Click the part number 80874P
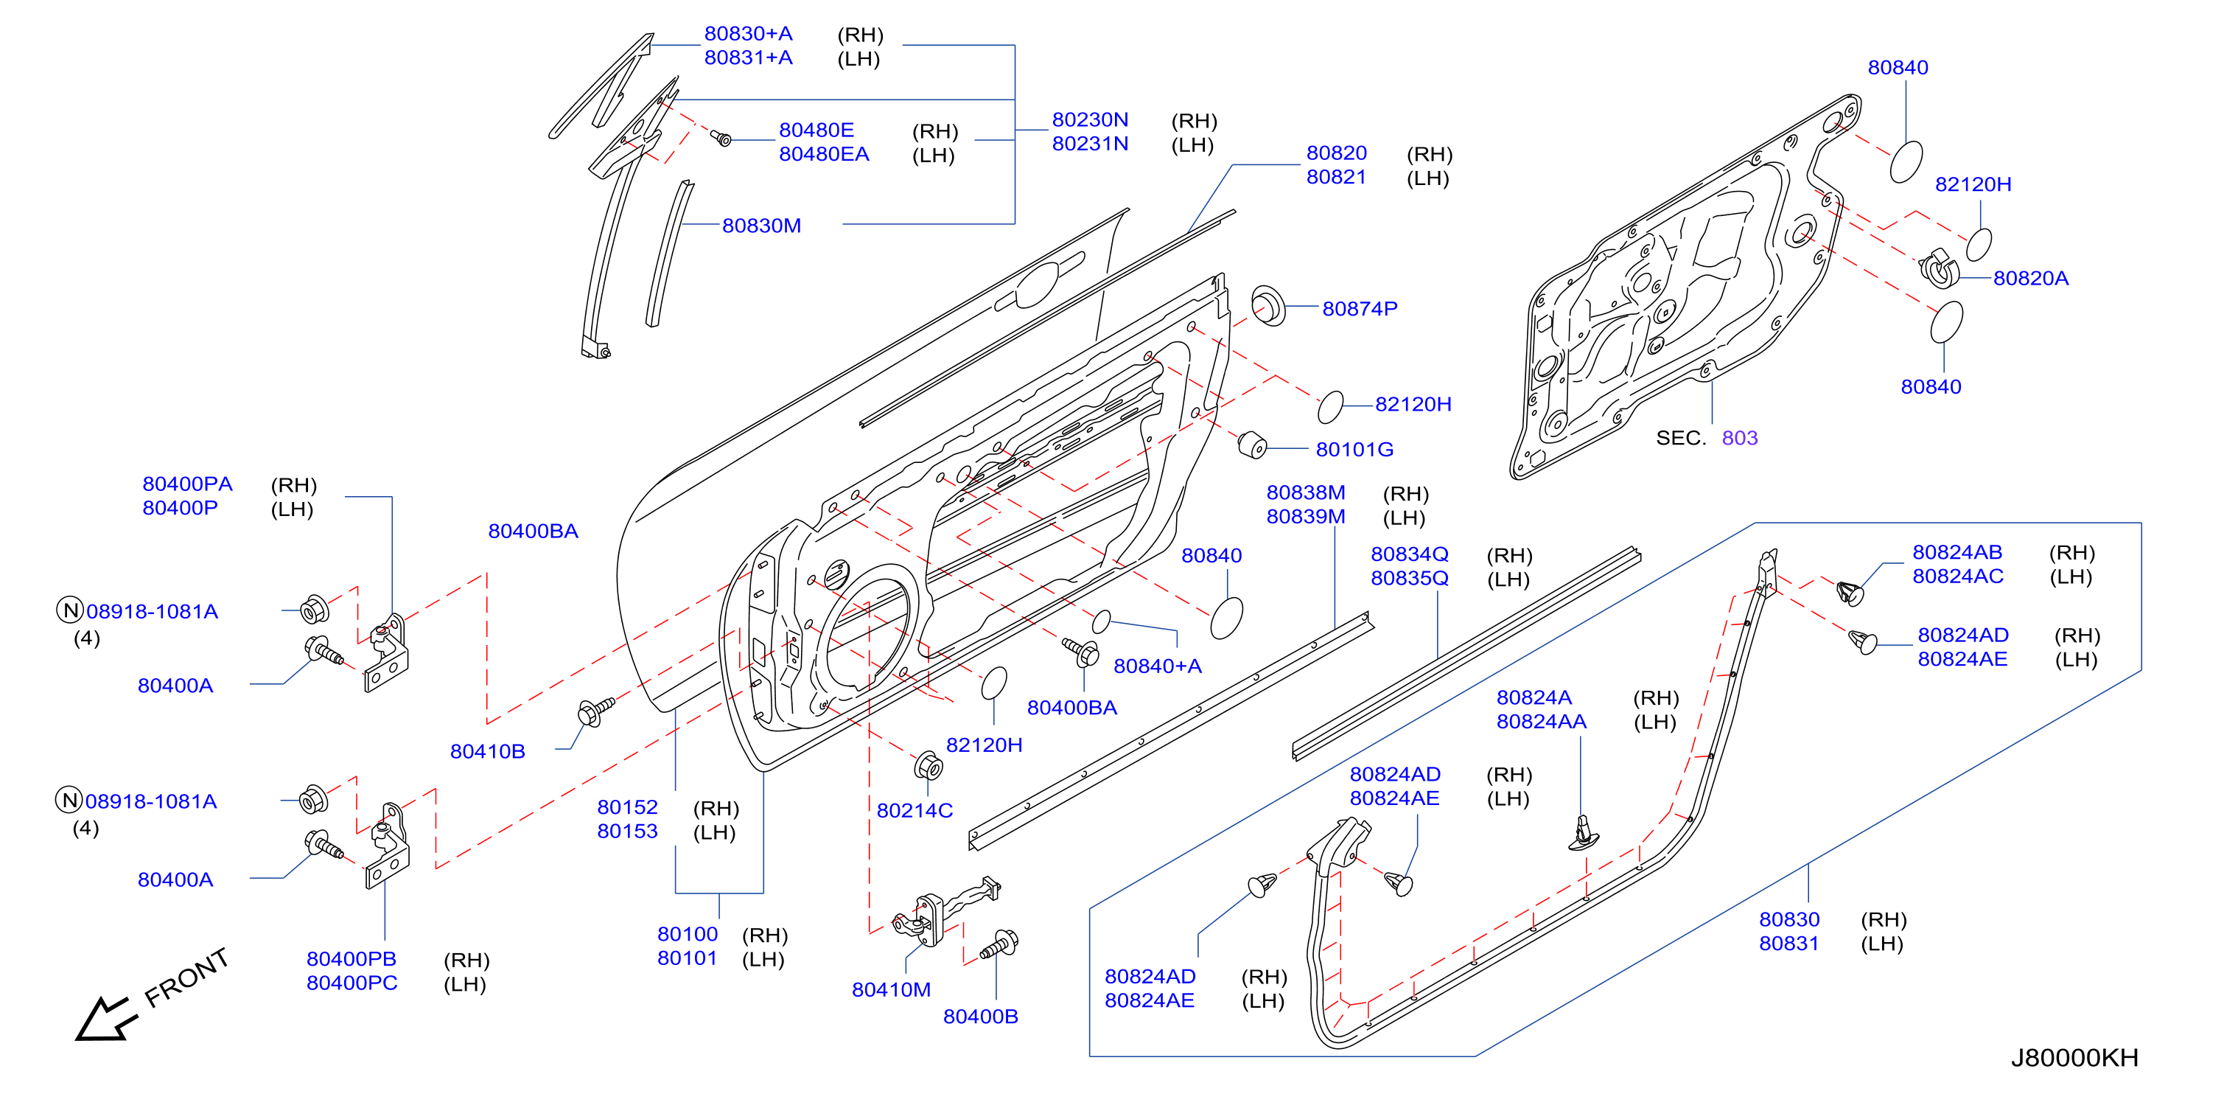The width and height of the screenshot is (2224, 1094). coord(1359,308)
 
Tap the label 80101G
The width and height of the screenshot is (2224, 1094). coord(1354,449)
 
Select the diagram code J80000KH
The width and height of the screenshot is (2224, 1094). coord(2074,1057)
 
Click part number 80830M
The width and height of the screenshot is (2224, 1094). coord(761,226)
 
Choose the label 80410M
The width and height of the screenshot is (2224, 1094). coord(891,989)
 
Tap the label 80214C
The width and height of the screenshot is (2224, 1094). coord(915,810)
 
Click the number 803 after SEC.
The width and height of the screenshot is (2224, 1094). coord(1740,438)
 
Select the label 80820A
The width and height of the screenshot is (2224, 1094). coord(2031,278)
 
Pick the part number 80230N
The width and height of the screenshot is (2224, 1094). coord(1090,119)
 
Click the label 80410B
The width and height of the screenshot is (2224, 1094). coord(487,751)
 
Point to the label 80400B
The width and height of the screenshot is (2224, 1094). coord(980,1017)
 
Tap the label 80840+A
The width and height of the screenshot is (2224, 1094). coord(1157,666)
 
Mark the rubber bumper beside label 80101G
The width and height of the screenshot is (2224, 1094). coord(1252,445)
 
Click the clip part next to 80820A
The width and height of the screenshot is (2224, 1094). coord(1939,268)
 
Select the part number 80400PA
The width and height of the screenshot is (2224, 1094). coord(187,484)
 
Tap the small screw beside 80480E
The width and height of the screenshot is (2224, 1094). coord(721,137)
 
